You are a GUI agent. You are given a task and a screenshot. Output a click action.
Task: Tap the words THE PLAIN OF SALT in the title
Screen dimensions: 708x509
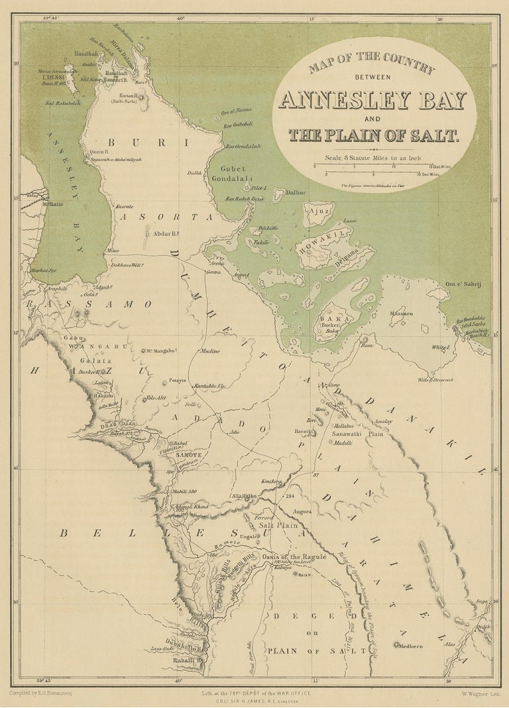tap(373, 135)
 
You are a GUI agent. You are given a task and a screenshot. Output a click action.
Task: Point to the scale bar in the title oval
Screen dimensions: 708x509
tap(377, 170)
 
